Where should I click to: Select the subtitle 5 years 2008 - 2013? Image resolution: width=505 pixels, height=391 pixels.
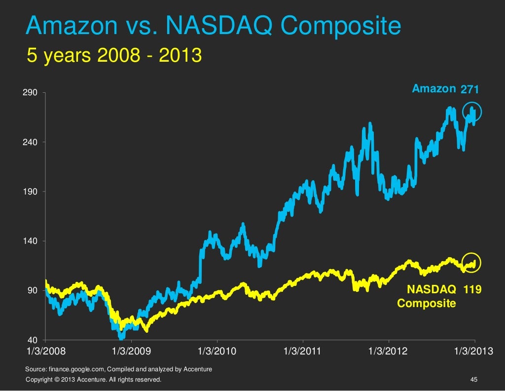(x=114, y=56)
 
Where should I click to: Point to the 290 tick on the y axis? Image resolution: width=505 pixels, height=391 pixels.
(x=32, y=93)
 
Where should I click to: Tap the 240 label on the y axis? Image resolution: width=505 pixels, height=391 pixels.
(x=32, y=142)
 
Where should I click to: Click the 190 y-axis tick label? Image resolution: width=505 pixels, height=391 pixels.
(x=32, y=192)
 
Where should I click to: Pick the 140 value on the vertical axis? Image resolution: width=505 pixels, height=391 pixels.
(x=32, y=241)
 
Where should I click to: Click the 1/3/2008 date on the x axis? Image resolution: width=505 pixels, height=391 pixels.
(x=45, y=352)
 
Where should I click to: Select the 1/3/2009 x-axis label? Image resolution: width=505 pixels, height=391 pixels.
(x=131, y=352)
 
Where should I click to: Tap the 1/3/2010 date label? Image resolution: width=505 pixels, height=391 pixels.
(x=217, y=352)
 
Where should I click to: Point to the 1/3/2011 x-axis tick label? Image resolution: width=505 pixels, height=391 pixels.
(x=303, y=352)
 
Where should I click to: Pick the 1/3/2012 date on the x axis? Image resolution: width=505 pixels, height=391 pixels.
(x=389, y=352)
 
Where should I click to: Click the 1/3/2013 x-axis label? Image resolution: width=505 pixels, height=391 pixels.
(x=473, y=352)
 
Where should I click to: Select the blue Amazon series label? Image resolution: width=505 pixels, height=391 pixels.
(x=433, y=89)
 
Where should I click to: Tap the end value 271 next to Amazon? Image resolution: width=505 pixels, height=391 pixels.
(x=469, y=89)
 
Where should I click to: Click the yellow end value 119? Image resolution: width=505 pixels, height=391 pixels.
(x=472, y=290)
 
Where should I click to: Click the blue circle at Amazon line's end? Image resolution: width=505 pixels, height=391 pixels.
(x=471, y=114)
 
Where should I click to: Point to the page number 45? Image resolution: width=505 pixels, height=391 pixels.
(x=474, y=379)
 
